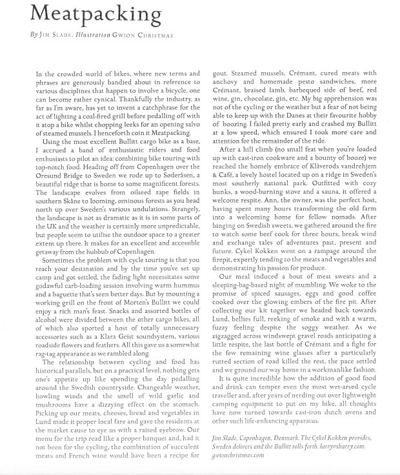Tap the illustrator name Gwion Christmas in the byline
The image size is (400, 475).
(147, 32)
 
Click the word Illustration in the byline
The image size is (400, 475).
(89, 32)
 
